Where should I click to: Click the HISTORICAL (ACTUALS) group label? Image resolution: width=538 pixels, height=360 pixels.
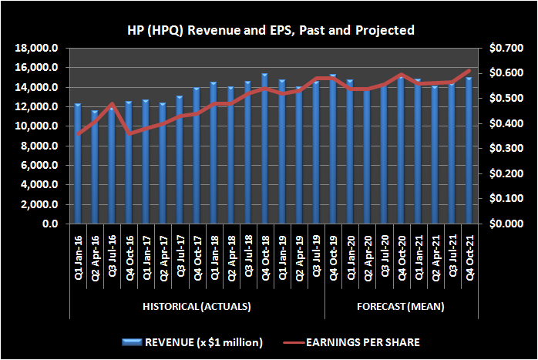[x=197, y=307]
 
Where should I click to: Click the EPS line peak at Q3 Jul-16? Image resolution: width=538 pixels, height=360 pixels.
[x=112, y=104]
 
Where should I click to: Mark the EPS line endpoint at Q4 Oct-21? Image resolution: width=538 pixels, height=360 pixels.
[x=469, y=71]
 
